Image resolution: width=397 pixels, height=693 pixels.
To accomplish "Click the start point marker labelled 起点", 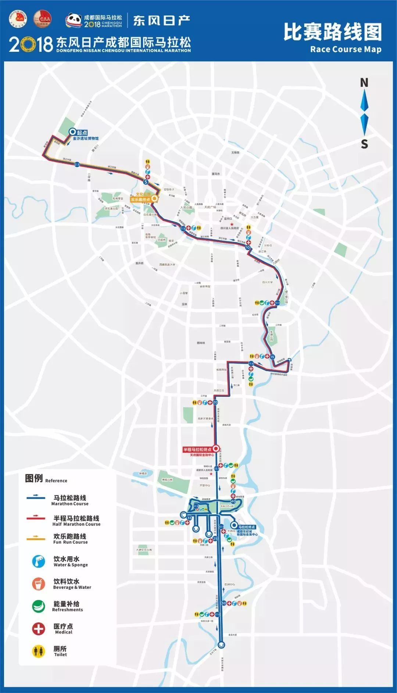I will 72,132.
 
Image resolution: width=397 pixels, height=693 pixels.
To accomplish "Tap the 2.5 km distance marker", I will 77,164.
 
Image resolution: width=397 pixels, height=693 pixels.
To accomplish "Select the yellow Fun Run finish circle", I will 155,198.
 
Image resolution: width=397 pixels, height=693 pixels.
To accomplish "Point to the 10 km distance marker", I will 248,248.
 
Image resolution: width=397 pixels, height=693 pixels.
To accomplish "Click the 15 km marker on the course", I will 272,357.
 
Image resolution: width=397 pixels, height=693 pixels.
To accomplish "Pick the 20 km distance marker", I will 215,402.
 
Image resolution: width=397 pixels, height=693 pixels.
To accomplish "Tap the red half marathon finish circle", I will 216,448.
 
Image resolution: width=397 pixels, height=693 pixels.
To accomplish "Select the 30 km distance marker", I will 224,603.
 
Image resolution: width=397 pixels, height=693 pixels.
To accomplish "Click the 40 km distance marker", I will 233,501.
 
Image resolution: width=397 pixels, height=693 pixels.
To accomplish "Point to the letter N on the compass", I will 364,83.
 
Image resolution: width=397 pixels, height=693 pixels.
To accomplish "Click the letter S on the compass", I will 364,144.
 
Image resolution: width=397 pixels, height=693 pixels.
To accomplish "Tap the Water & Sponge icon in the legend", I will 38,561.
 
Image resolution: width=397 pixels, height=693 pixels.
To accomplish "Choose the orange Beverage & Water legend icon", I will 38,584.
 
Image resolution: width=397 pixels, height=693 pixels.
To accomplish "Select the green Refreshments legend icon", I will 38,606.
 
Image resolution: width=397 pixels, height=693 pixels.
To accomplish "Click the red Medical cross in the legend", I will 38,628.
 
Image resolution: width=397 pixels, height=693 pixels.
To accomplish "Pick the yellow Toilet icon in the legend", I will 38,651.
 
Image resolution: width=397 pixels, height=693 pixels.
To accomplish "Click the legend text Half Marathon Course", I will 76,524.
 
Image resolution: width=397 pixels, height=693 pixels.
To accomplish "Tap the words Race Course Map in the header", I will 346,49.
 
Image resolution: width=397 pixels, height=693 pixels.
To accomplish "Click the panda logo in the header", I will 74,20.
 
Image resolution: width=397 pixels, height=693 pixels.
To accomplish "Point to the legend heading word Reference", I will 56,481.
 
